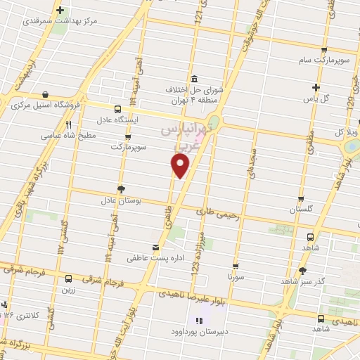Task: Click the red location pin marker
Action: coord(181,165)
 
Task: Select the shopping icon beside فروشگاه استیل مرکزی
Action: coord(46,94)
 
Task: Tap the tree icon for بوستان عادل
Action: coord(122,188)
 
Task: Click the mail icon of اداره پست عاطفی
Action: coord(155,248)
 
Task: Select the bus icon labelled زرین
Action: coord(68,278)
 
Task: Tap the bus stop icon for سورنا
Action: coord(235,266)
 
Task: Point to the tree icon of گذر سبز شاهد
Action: coord(302,270)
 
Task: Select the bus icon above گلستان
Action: coord(301,199)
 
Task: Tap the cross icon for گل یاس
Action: coord(316,88)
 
